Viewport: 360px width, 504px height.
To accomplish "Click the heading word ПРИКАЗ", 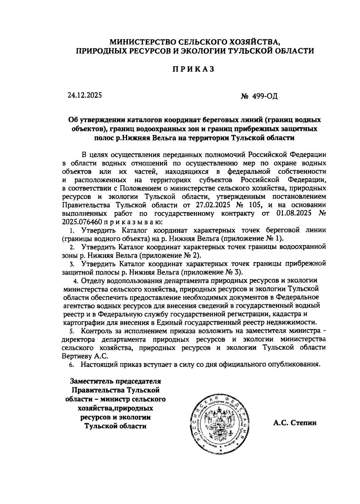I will click(193, 69).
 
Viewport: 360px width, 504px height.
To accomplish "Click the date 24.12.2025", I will click(85, 95).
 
